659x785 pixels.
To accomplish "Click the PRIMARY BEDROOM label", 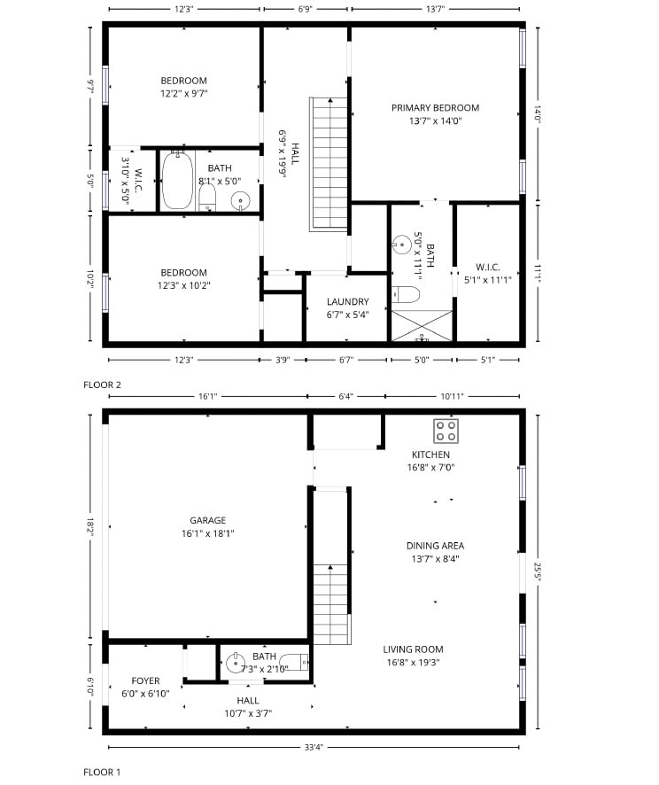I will (435, 108).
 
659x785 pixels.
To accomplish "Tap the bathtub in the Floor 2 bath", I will (177, 181).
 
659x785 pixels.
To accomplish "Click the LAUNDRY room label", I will (347, 302).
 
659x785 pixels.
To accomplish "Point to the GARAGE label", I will (207, 521).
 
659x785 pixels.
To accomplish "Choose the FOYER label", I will (145, 681).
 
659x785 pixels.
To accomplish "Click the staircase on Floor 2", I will (329, 163).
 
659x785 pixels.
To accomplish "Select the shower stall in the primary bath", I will (422, 325).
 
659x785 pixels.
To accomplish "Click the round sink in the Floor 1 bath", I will (236, 662).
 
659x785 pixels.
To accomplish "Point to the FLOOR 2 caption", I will (102, 385).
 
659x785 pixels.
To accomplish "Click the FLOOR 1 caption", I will (102, 772).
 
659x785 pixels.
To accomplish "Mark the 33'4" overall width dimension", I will (313, 747).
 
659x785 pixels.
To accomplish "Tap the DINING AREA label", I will (435, 546).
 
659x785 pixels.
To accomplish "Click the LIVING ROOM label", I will (413, 649).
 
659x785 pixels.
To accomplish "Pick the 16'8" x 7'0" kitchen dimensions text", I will (431, 467).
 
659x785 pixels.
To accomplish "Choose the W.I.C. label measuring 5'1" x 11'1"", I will (488, 267).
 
